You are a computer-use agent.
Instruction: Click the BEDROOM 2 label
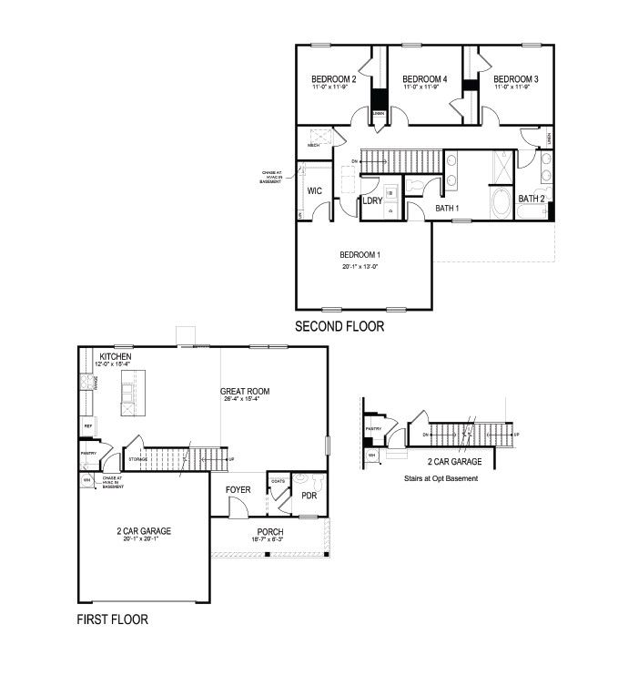click(x=333, y=79)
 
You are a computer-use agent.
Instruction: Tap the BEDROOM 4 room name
click(x=425, y=79)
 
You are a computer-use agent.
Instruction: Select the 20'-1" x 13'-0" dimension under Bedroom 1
click(x=361, y=267)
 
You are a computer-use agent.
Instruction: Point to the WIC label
click(x=315, y=191)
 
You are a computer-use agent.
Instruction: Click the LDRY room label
click(x=372, y=200)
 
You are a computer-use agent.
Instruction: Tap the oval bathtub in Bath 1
click(x=501, y=202)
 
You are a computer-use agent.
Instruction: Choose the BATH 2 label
click(x=532, y=199)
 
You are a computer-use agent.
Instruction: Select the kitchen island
click(x=128, y=395)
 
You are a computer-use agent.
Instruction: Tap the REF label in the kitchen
click(x=88, y=425)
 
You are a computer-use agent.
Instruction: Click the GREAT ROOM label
click(x=246, y=392)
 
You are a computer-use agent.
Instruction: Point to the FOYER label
click(x=238, y=490)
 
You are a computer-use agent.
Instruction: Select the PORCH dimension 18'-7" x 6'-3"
click(x=269, y=540)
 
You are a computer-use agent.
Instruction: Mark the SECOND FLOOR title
click(x=339, y=326)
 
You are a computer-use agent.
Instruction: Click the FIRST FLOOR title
click(x=112, y=620)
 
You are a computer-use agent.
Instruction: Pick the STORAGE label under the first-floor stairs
click(x=138, y=459)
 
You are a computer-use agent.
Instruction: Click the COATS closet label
click(x=279, y=481)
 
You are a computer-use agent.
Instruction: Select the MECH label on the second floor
click(x=313, y=145)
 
